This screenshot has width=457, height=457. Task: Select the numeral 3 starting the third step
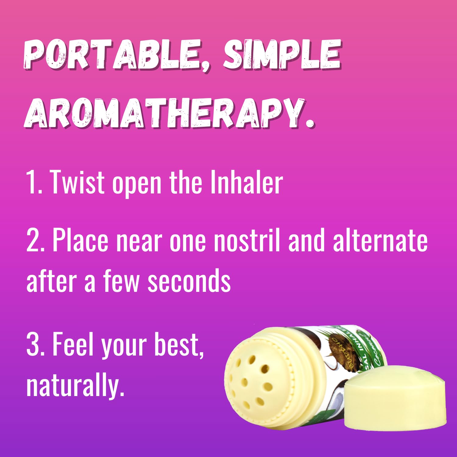coord(33,344)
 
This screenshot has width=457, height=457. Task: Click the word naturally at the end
coord(75,385)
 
